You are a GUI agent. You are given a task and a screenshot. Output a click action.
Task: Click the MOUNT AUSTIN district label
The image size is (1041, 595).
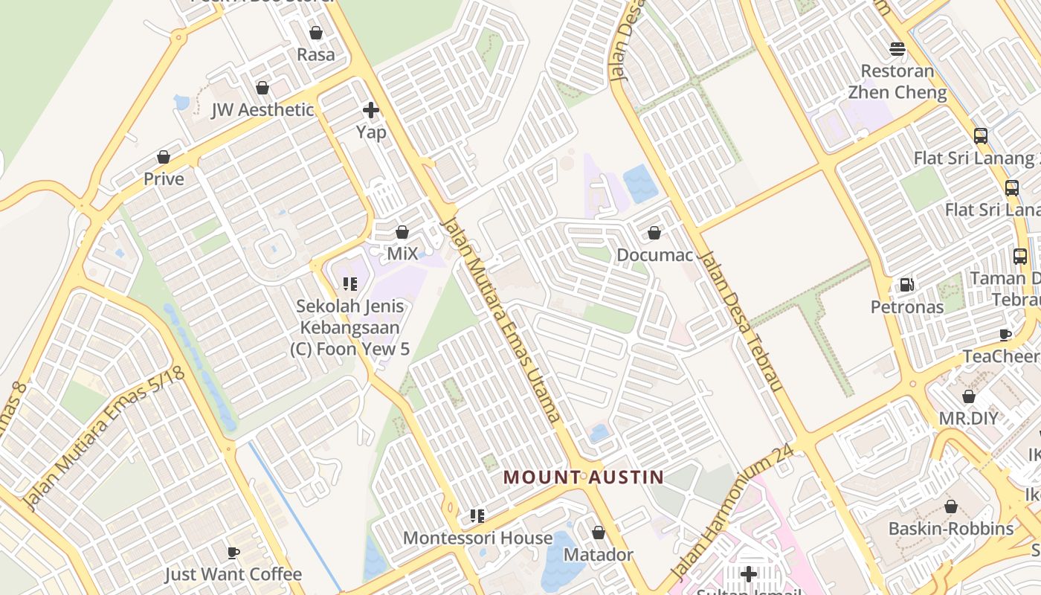point(584,477)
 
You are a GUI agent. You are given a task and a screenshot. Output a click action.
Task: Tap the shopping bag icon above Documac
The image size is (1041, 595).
point(654,234)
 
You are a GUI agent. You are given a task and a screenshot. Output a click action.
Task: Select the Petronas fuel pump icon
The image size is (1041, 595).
point(906,285)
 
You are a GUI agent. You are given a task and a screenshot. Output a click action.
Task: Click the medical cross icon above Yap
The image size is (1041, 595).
point(370,111)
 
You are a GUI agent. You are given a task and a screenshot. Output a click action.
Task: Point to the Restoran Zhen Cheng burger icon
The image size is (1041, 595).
point(897,50)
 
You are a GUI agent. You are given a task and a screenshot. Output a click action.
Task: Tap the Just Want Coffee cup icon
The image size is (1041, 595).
point(233,553)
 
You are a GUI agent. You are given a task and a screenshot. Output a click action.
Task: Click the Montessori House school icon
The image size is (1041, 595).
point(477,516)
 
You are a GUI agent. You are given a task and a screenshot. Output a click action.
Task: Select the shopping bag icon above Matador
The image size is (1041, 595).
point(598,533)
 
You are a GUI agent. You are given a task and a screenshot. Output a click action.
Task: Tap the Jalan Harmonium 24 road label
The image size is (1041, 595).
point(732,513)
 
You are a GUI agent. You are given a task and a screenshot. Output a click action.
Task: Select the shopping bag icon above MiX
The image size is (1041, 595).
point(402,233)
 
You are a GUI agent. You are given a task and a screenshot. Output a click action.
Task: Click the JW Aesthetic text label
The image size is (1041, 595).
point(262,110)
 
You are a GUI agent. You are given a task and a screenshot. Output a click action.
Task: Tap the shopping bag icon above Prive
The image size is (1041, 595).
point(164,158)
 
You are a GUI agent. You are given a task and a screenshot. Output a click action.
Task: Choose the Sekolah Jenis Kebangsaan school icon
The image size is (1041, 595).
point(349,284)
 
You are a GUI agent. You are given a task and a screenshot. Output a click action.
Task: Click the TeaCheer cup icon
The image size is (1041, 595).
point(1005,335)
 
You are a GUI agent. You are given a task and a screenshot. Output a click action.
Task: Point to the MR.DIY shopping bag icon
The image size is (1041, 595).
point(968,397)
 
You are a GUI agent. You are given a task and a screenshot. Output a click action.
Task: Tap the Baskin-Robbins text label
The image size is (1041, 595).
point(951,529)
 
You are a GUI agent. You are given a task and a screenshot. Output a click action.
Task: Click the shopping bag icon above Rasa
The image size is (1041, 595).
point(316,33)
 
